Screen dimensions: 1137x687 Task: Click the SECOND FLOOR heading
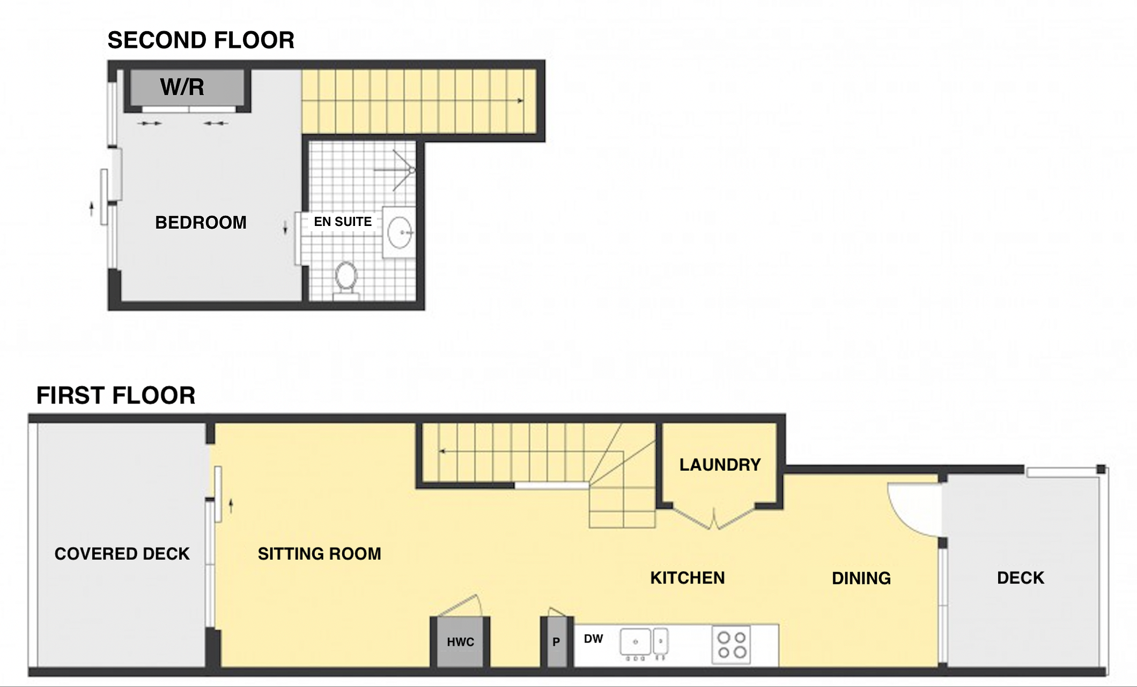tap(201, 40)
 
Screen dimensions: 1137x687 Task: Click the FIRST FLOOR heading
tap(116, 396)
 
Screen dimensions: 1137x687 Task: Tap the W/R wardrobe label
tap(182, 87)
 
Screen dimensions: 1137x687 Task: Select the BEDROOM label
tap(201, 222)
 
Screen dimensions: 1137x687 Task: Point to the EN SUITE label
tap(343, 222)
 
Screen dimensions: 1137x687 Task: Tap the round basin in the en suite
tap(400, 232)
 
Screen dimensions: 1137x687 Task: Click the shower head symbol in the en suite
tap(402, 170)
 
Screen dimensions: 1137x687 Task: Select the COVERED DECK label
tap(122, 554)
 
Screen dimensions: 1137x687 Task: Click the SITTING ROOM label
tap(320, 554)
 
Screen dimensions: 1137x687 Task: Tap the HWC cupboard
tap(460, 642)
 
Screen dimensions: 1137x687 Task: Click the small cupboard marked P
tap(557, 642)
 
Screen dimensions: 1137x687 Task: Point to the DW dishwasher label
tap(593, 639)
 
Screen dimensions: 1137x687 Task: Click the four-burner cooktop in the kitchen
tap(732, 645)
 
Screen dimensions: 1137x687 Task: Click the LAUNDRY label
tap(720, 465)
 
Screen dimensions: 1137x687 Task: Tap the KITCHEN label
tap(688, 578)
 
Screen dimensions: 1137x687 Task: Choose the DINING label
tap(861, 578)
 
